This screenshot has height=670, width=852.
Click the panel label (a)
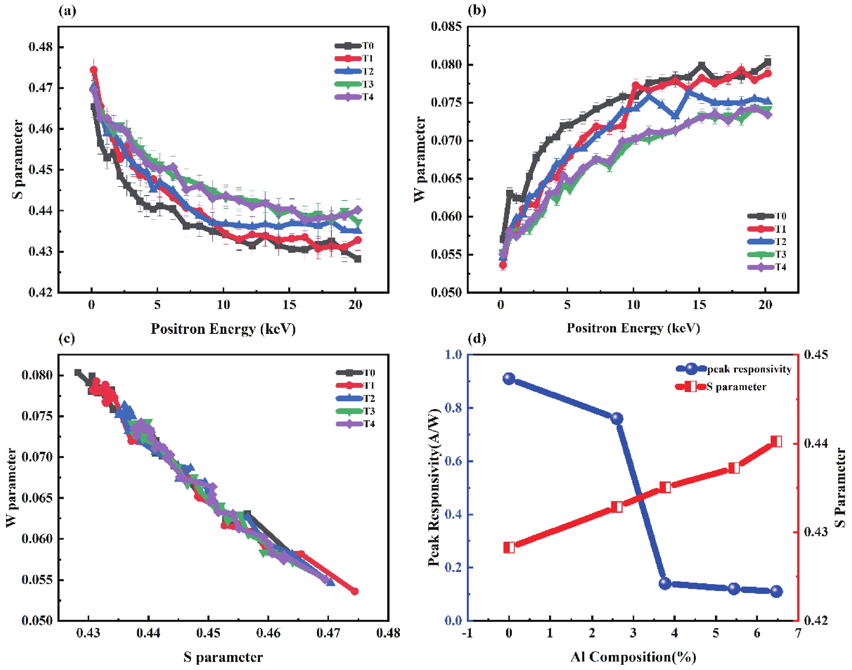coord(67,11)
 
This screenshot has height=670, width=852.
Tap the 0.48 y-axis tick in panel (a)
coord(40,47)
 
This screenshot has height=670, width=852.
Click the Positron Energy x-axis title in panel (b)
coord(633,328)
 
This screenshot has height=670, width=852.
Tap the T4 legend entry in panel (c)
coord(356,424)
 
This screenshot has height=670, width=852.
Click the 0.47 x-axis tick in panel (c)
coord(328,633)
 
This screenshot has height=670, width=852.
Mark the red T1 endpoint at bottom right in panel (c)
coord(355,591)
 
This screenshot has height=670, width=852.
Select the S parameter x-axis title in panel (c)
coord(223,657)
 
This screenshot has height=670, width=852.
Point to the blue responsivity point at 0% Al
coord(509,379)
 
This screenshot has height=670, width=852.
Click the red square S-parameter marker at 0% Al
coord(509,547)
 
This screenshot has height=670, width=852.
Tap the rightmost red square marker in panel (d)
coord(776,442)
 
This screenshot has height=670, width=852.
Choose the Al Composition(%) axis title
coord(633,657)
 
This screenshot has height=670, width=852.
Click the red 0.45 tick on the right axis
coord(816,355)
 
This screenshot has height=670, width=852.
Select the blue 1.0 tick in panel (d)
coord(454,355)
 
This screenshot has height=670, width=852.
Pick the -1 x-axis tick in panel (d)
coord(467,633)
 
